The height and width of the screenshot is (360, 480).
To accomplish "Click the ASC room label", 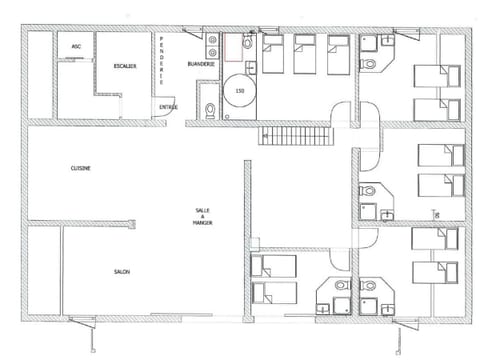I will (76, 47).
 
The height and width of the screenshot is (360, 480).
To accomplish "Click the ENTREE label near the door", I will (169, 105).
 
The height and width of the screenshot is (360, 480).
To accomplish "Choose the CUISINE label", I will (82, 168).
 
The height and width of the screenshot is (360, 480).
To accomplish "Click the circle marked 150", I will (240, 91).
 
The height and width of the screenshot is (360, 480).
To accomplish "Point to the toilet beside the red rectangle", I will (248, 47).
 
